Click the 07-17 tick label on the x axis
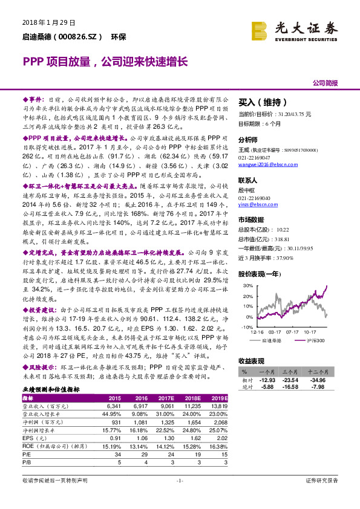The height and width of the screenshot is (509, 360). click(x=293, y=331)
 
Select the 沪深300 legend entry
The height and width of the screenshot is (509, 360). click(x=311, y=341)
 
